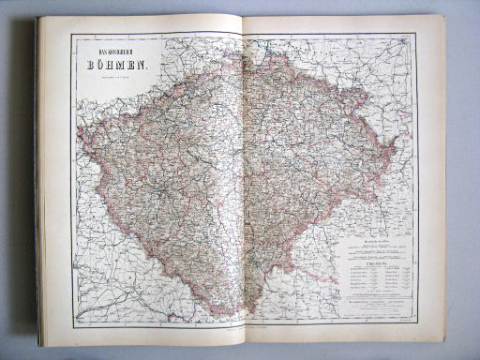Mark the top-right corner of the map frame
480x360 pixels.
pyautogui.click(x=416, y=34)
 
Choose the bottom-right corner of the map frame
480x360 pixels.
pyautogui.click(x=416, y=323)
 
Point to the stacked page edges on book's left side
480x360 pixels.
pyautogui.click(x=38, y=187)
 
